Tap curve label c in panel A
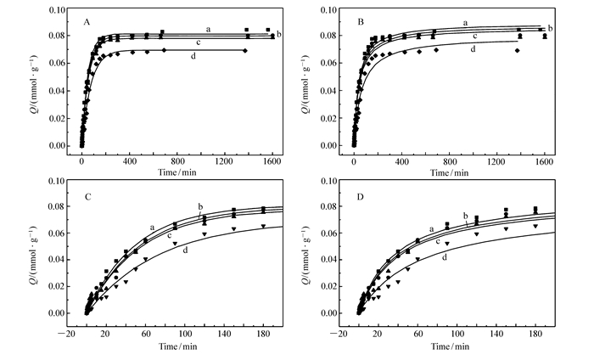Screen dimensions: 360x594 [x=197, y=42]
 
